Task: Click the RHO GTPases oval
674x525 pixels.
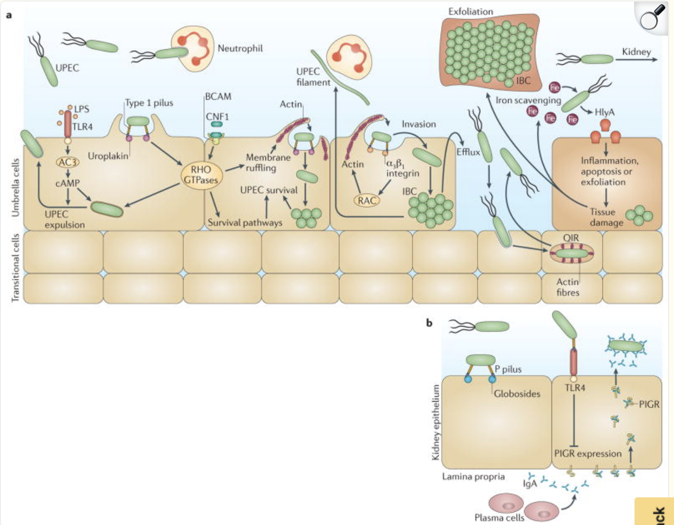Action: [x=200, y=175]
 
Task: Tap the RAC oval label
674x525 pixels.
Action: [x=367, y=200]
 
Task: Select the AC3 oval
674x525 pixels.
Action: [x=68, y=162]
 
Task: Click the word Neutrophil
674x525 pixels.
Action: [x=240, y=48]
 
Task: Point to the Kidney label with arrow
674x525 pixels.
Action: [x=636, y=52]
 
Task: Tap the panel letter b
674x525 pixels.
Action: [x=429, y=323]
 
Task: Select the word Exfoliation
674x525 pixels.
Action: [x=470, y=11]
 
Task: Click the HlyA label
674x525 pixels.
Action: [x=604, y=112]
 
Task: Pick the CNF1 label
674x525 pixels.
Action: [x=217, y=116]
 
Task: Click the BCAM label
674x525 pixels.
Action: [x=218, y=96]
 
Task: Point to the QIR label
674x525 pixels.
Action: [x=571, y=238]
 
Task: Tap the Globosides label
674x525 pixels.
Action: [x=517, y=393]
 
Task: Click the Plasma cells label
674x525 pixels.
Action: [x=499, y=517]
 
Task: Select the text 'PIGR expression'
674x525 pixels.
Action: [x=588, y=453]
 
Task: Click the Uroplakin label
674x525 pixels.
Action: [x=108, y=156]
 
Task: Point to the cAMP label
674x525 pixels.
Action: [x=67, y=183]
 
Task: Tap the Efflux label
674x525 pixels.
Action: [x=468, y=151]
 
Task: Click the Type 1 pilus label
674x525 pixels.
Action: [x=149, y=103]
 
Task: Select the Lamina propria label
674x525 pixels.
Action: [x=473, y=476]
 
